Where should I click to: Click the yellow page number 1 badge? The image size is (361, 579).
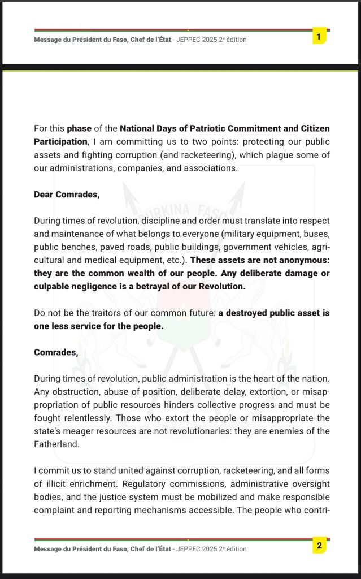[319, 37]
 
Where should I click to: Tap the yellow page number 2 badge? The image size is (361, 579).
[319, 546]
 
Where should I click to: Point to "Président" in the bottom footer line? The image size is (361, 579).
[88, 548]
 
